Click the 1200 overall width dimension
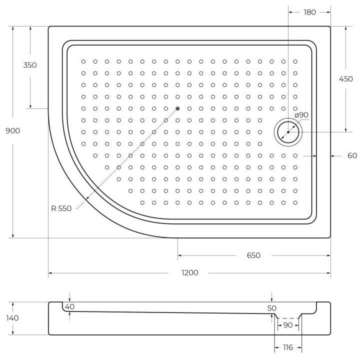pos(189,273)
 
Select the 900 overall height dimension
pos(12,130)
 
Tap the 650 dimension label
pos(253,255)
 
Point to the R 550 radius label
pos(61,208)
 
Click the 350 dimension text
pos(30,65)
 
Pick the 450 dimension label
pos(346,79)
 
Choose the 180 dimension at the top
pos(309,12)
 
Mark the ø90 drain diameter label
pos(301,115)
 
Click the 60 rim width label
pos(352,155)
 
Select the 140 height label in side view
pos(12,318)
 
